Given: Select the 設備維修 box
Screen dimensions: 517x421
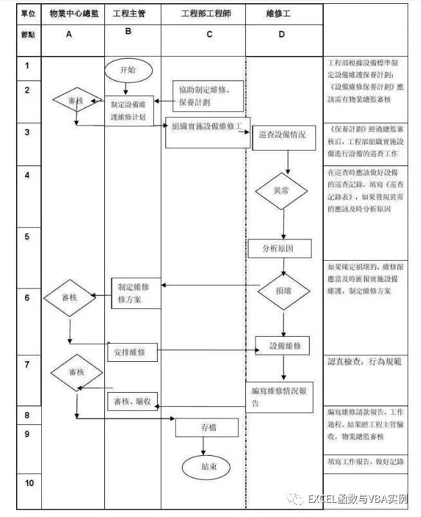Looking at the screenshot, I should pos(282,346).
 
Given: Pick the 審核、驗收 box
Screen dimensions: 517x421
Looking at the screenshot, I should pos(132,401).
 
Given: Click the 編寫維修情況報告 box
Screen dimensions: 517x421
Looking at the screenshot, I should pos(278,396).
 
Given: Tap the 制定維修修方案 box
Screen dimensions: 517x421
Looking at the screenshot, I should pos(135,293).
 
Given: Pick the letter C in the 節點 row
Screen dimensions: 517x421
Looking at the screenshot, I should pos(209,35).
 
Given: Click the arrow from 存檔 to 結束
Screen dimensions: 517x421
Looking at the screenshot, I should pos(203,446).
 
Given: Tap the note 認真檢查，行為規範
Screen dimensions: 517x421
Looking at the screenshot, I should pos(365,362).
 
